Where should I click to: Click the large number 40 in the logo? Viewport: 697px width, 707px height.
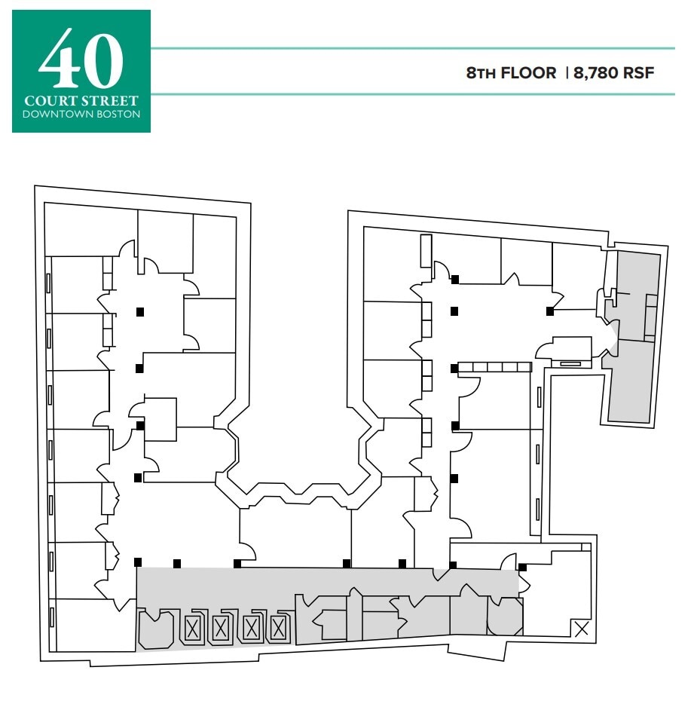[x=81, y=60]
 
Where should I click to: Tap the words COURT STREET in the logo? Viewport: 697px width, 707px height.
[x=81, y=100]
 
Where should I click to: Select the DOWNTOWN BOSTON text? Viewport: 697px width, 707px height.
[x=81, y=115]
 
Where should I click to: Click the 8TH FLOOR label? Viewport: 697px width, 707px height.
[x=511, y=73]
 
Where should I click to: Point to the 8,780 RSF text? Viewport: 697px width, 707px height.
[x=614, y=73]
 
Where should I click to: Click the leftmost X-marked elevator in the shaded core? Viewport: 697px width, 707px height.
[x=193, y=628]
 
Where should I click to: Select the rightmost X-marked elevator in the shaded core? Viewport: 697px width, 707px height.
[x=279, y=628]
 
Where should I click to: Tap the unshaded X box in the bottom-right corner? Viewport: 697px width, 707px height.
[x=582, y=629]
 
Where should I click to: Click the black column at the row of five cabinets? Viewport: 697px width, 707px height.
[x=454, y=368]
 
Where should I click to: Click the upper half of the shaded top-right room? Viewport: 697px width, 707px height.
[x=637, y=294]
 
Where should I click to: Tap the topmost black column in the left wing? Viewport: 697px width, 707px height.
[x=139, y=311]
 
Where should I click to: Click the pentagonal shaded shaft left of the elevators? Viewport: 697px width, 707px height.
[x=157, y=629]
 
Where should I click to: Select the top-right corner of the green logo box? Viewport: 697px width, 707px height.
[x=150, y=11]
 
